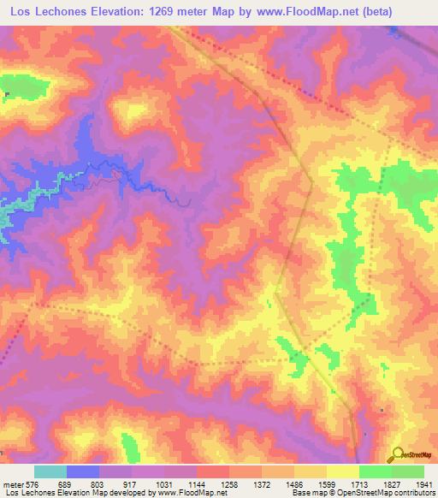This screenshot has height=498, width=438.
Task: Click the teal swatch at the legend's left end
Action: click(x=50, y=471)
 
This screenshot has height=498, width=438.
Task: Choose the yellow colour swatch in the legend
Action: click(x=342, y=471)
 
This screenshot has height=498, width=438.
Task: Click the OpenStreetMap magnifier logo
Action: click(x=396, y=454)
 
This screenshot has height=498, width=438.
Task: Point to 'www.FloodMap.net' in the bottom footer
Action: click(x=185, y=493)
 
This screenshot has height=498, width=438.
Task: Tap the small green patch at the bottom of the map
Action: click(x=129, y=445)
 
